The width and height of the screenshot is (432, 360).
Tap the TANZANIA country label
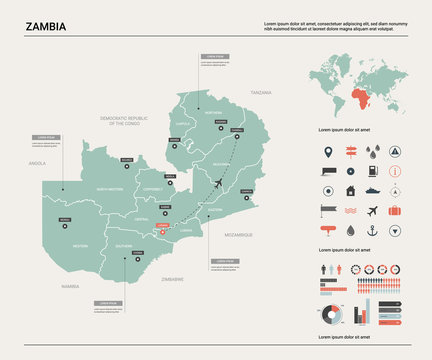pyautogui.click(x=260, y=92)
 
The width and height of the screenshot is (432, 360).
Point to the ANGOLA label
pyautogui.click(x=37, y=162)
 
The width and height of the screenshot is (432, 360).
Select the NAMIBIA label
pyautogui.click(x=69, y=286)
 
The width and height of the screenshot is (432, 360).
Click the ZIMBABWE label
pyautogui.click(x=173, y=279)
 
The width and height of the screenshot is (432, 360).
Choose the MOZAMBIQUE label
pyautogui.click(x=238, y=234)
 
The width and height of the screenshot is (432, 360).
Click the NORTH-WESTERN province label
pyautogui.click(x=109, y=189)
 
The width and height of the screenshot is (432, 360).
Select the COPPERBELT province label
pyautogui.click(x=152, y=188)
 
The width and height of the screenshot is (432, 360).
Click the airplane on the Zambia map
pyautogui.click(x=220, y=181)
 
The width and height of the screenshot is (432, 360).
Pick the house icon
pyautogui.click(x=350, y=191)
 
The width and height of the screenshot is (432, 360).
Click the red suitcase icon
pyautogui.click(x=395, y=211)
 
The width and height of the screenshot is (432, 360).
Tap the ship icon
pyautogui.click(x=372, y=191)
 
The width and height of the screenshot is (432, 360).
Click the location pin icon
pyautogui.click(x=327, y=152)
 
